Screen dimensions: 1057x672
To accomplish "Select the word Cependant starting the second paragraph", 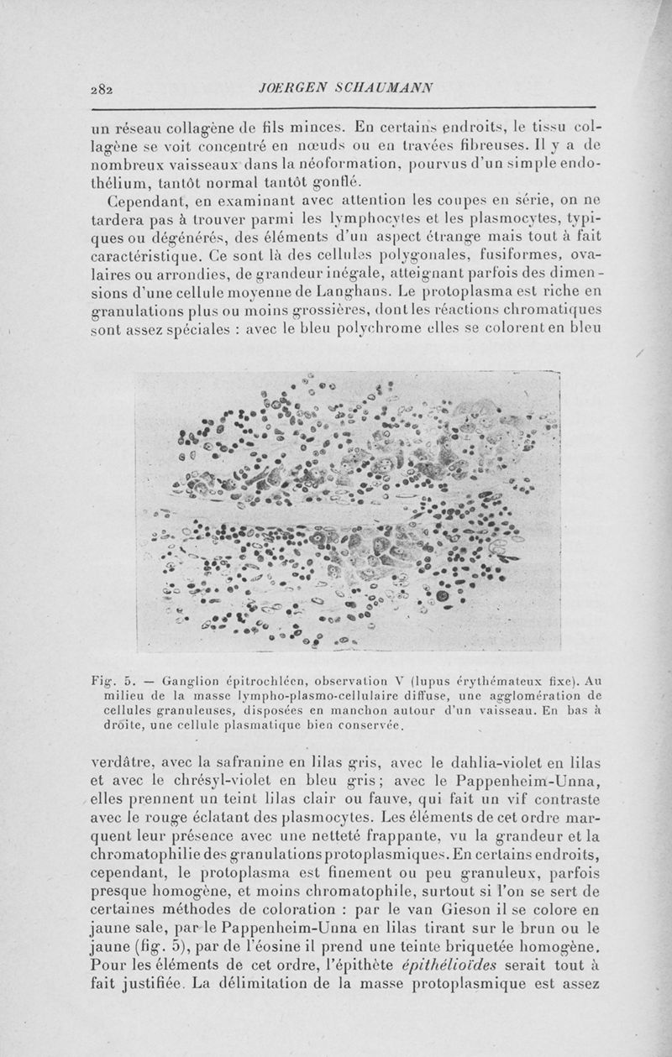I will [x=149, y=201].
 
